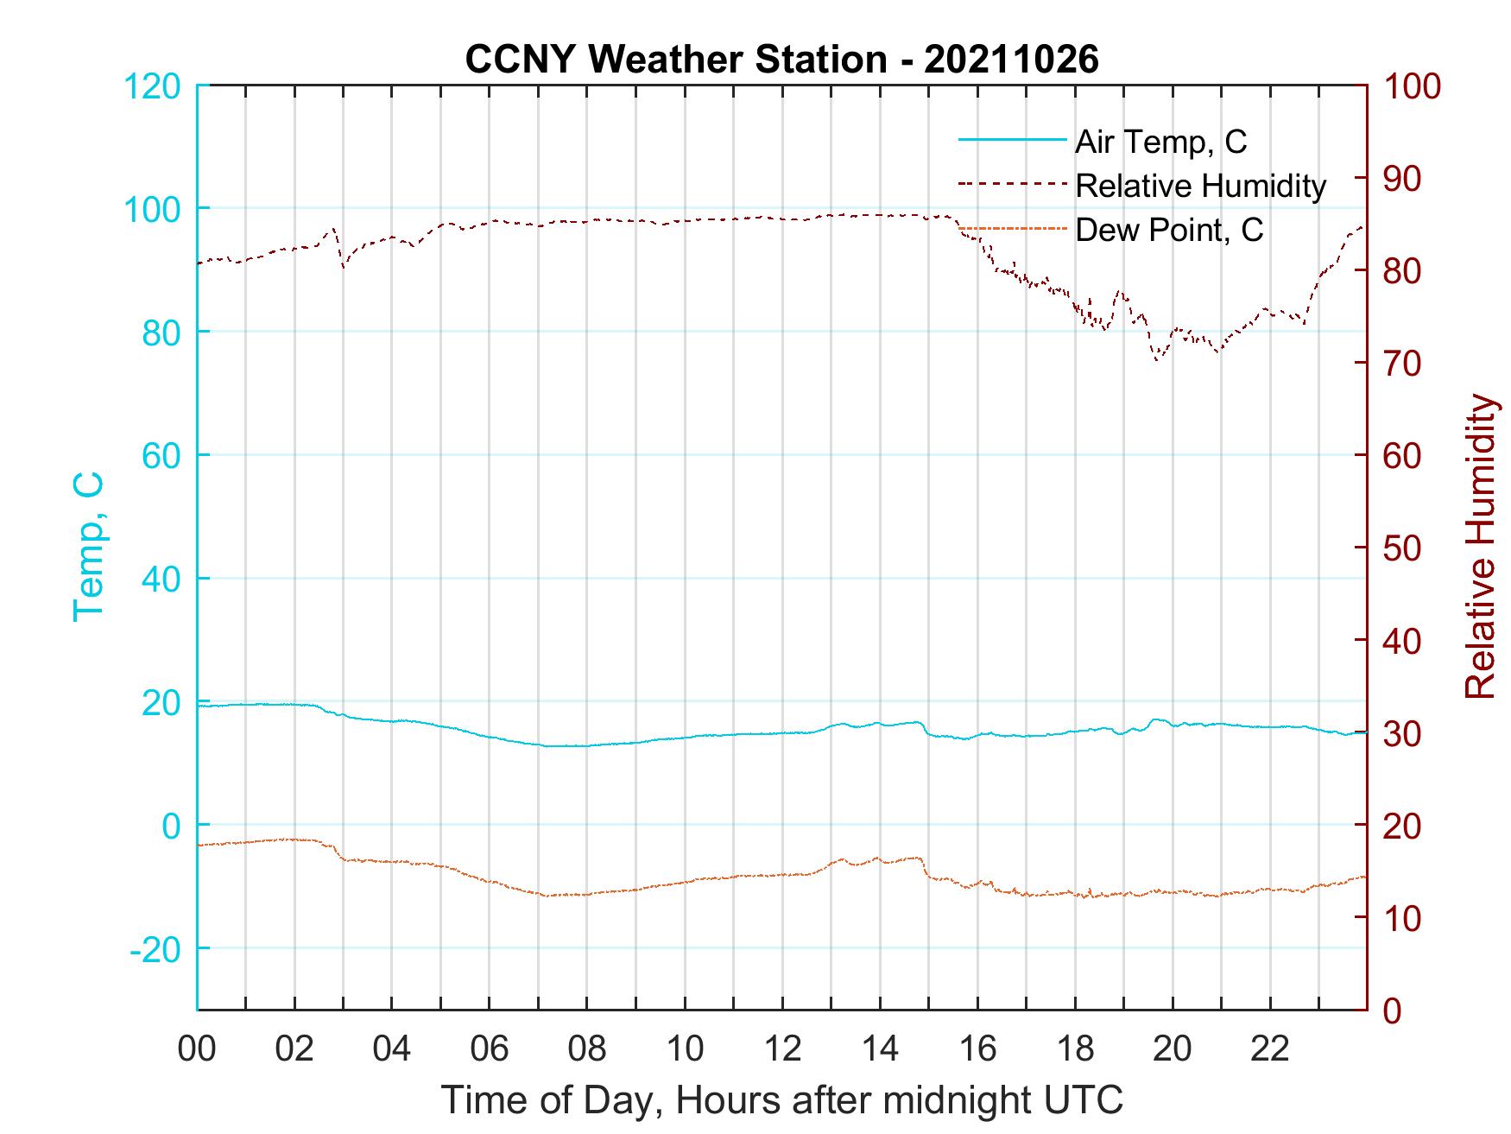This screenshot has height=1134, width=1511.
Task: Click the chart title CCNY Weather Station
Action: [781, 60]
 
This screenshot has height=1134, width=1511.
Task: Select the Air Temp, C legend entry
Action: [1160, 142]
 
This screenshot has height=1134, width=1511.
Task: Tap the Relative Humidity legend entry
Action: [1200, 186]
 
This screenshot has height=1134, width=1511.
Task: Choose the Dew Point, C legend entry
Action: [1169, 231]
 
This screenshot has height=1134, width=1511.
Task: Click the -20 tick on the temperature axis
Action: [155, 949]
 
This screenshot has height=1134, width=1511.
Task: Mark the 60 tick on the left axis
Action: [160, 456]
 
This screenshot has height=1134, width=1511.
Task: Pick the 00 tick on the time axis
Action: [198, 1049]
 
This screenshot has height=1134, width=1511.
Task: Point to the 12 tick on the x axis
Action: [782, 1049]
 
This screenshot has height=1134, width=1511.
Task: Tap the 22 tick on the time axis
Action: [1270, 1049]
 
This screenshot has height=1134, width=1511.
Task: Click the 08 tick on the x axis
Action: [587, 1049]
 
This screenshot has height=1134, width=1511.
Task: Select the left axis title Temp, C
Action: [88, 546]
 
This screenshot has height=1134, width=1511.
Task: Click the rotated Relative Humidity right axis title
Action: [1480, 546]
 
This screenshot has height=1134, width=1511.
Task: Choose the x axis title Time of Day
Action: [781, 1100]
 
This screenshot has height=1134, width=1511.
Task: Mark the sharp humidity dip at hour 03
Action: [344, 266]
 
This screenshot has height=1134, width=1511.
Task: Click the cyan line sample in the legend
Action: [1011, 140]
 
